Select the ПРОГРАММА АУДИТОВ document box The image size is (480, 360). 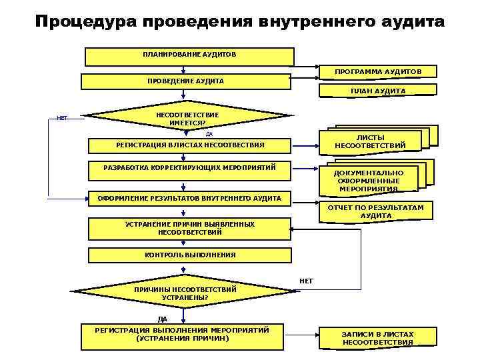[377, 71]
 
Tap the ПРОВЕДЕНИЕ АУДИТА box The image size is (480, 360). [185, 81]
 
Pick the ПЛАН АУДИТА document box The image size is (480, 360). [379, 91]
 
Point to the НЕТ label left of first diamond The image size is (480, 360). [62, 118]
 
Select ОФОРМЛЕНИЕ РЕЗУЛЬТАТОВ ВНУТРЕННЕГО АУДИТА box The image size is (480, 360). [190, 199]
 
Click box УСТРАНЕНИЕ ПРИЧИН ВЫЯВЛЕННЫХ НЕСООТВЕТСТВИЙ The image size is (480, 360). [190, 228]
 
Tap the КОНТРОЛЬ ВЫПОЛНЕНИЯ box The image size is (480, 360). [190, 255]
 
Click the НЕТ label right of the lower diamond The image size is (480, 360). [306, 281]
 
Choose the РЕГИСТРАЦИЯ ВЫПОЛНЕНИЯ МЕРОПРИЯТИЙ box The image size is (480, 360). [182, 335]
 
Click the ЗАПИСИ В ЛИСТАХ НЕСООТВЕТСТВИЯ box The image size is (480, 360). [377, 338]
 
